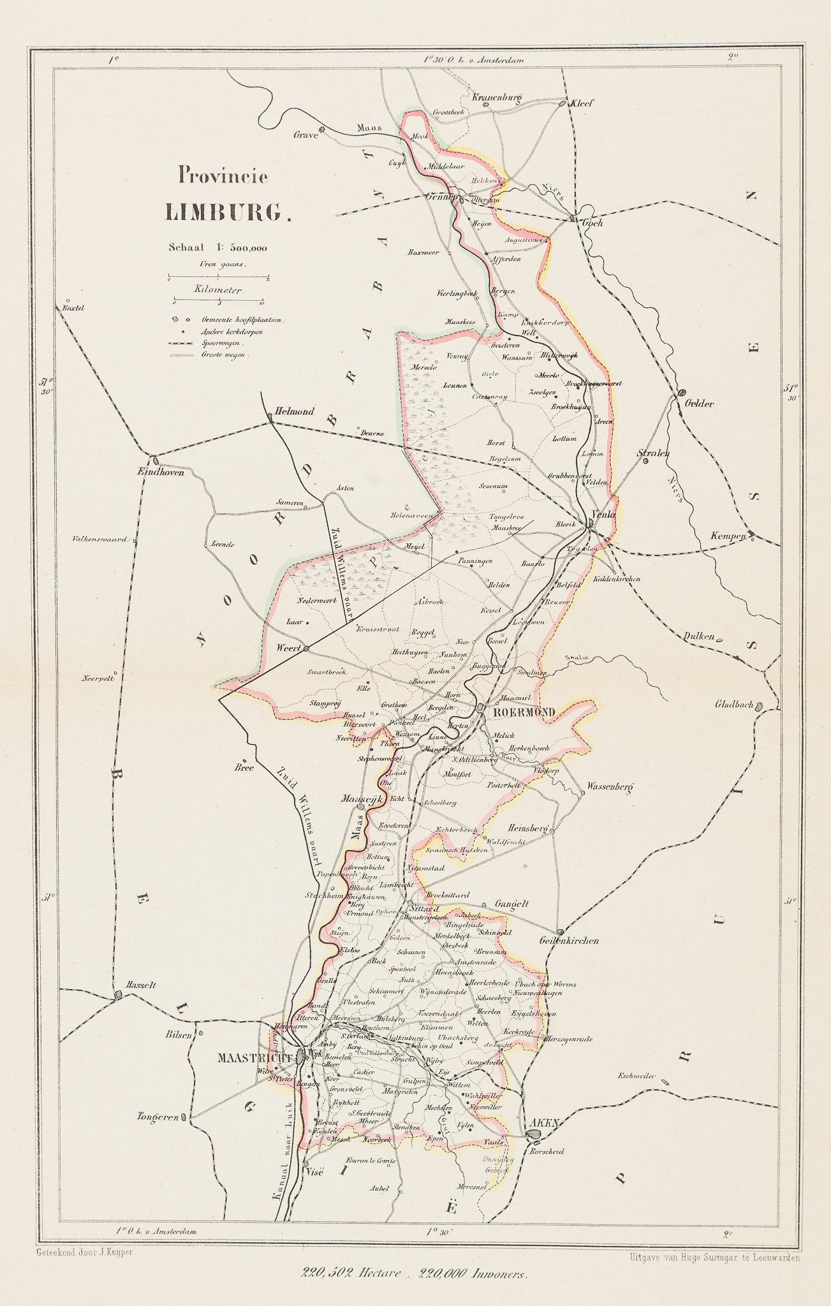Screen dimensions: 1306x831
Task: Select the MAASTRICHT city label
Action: point(254,1057)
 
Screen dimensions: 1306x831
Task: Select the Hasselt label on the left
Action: point(141,1002)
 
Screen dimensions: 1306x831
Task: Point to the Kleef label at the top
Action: point(582,103)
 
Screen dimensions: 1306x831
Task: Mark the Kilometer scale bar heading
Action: point(218,290)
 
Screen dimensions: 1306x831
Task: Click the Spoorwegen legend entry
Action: point(221,343)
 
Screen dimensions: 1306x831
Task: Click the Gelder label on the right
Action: point(699,404)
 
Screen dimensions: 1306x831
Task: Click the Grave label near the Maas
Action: point(305,135)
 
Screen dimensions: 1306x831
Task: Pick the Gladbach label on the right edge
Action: point(734,705)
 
